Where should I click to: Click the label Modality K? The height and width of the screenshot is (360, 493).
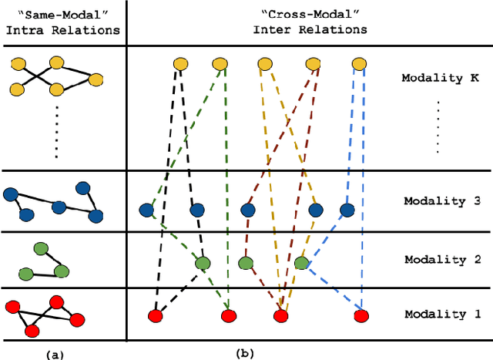click(441, 78)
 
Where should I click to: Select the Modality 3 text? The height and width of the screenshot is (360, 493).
click(441, 202)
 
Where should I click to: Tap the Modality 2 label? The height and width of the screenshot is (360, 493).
click(441, 258)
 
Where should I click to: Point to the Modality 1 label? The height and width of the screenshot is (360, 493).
click(441, 314)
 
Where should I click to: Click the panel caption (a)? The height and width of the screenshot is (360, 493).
click(55, 353)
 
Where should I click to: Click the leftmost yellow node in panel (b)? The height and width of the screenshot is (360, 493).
click(179, 65)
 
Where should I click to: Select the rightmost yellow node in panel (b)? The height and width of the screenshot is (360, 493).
click(358, 65)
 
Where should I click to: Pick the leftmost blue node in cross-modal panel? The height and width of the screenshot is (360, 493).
click(146, 210)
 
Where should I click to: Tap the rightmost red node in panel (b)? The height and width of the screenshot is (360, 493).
click(361, 315)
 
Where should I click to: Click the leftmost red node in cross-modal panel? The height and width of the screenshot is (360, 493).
click(155, 315)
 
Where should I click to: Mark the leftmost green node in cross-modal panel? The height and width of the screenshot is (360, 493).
click(202, 264)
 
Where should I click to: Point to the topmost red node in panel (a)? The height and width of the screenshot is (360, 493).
click(56, 301)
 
